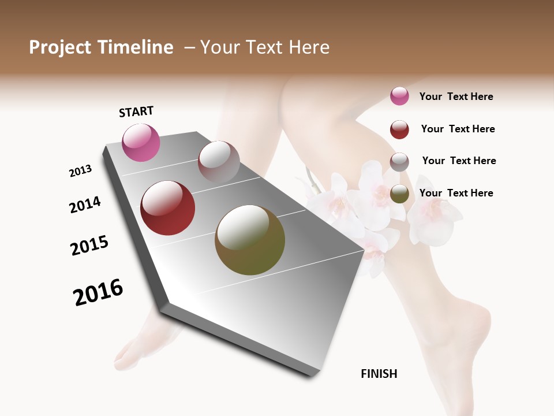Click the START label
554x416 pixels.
click(136, 112)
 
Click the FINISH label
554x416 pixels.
click(379, 374)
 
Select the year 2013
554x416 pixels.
click(81, 171)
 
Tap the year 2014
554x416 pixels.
click(85, 205)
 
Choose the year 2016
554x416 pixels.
click(98, 292)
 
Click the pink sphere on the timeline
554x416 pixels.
click(141, 142)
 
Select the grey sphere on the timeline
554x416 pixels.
click(219, 161)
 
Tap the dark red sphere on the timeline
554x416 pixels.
click(167, 208)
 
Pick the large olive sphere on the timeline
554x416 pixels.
click(250, 240)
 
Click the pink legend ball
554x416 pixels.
click(399, 96)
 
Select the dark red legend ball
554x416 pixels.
click(399, 129)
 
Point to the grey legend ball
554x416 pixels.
click(399, 162)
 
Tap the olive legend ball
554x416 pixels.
click(399, 194)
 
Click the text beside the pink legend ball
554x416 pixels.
click(456, 96)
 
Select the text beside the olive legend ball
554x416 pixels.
click(456, 193)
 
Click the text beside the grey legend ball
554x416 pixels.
click(459, 161)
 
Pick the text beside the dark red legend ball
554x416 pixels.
click(458, 129)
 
